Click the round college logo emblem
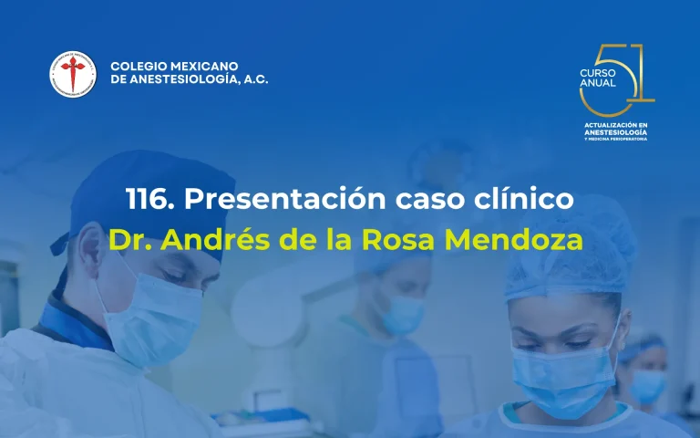coord(71,74)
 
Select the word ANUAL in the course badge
coord(598,83)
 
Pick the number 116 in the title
coord(146,199)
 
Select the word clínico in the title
coord(521,199)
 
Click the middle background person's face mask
coord(402,314)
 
